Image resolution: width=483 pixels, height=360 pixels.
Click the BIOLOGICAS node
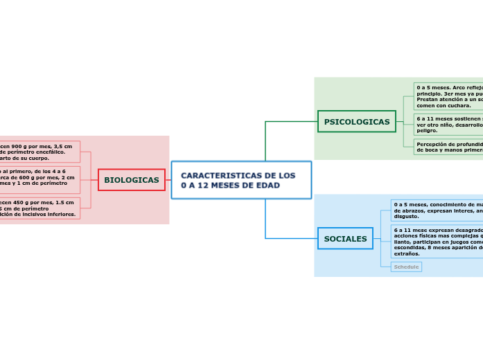pos(132,180)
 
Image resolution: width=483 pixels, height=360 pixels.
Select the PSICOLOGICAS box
pos(356,122)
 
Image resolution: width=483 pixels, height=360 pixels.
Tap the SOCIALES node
pos(345,239)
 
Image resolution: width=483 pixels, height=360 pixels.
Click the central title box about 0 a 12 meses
pos(241,180)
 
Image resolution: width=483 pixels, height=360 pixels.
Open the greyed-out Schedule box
pos(406,267)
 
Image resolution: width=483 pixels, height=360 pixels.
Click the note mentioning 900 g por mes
pos(38,152)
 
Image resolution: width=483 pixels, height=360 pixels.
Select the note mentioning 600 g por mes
pos(38,179)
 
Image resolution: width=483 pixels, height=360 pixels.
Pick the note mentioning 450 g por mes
pos(38,208)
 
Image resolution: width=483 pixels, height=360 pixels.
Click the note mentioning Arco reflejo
pos(449,97)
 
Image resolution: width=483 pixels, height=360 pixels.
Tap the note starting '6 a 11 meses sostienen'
pos(449,125)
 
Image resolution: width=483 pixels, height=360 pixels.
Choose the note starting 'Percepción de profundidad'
pos(449,147)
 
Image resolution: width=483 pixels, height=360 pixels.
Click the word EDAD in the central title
pos(266,186)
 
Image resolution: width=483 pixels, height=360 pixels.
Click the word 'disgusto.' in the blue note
pos(406,217)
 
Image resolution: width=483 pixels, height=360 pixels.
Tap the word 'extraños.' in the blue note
pos(407,254)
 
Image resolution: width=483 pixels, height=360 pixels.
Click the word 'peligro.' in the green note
pos(428,130)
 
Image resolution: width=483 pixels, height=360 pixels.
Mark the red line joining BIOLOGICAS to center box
pos(168,180)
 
